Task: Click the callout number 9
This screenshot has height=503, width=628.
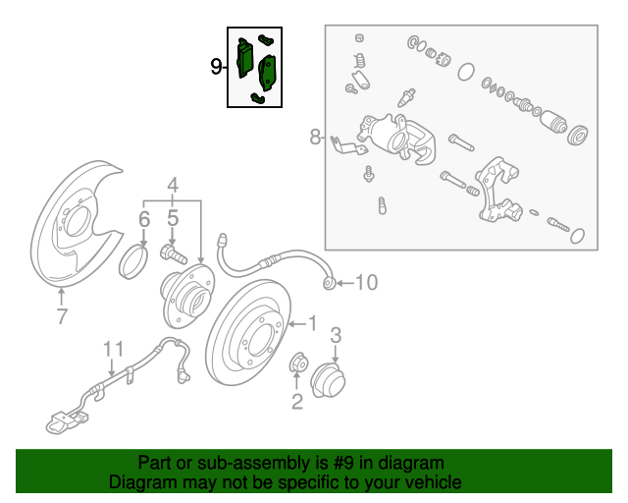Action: coord(216,66)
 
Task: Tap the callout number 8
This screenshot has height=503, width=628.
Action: coord(315,137)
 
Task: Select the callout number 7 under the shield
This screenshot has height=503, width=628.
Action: coord(62,316)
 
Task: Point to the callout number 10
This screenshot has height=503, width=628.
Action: coord(366,282)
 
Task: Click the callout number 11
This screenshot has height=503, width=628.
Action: coord(114,349)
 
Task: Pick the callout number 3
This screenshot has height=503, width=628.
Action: coord(336,335)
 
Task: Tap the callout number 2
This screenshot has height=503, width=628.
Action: coord(296,402)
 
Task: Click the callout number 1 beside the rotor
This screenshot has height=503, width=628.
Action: coord(312,323)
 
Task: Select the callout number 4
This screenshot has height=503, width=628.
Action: coord(173,186)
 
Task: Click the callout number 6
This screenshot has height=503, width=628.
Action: coord(144,219)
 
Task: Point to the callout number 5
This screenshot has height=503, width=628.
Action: coord(173,219)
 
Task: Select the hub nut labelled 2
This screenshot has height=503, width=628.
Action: coord(298,363)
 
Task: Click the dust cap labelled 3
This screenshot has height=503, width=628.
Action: coord(328,379)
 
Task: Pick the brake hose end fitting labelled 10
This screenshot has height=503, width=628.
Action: coord(329,283)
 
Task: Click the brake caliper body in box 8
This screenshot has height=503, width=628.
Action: coord(397,138)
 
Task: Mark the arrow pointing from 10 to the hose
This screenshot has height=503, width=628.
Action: coord(344,283)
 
